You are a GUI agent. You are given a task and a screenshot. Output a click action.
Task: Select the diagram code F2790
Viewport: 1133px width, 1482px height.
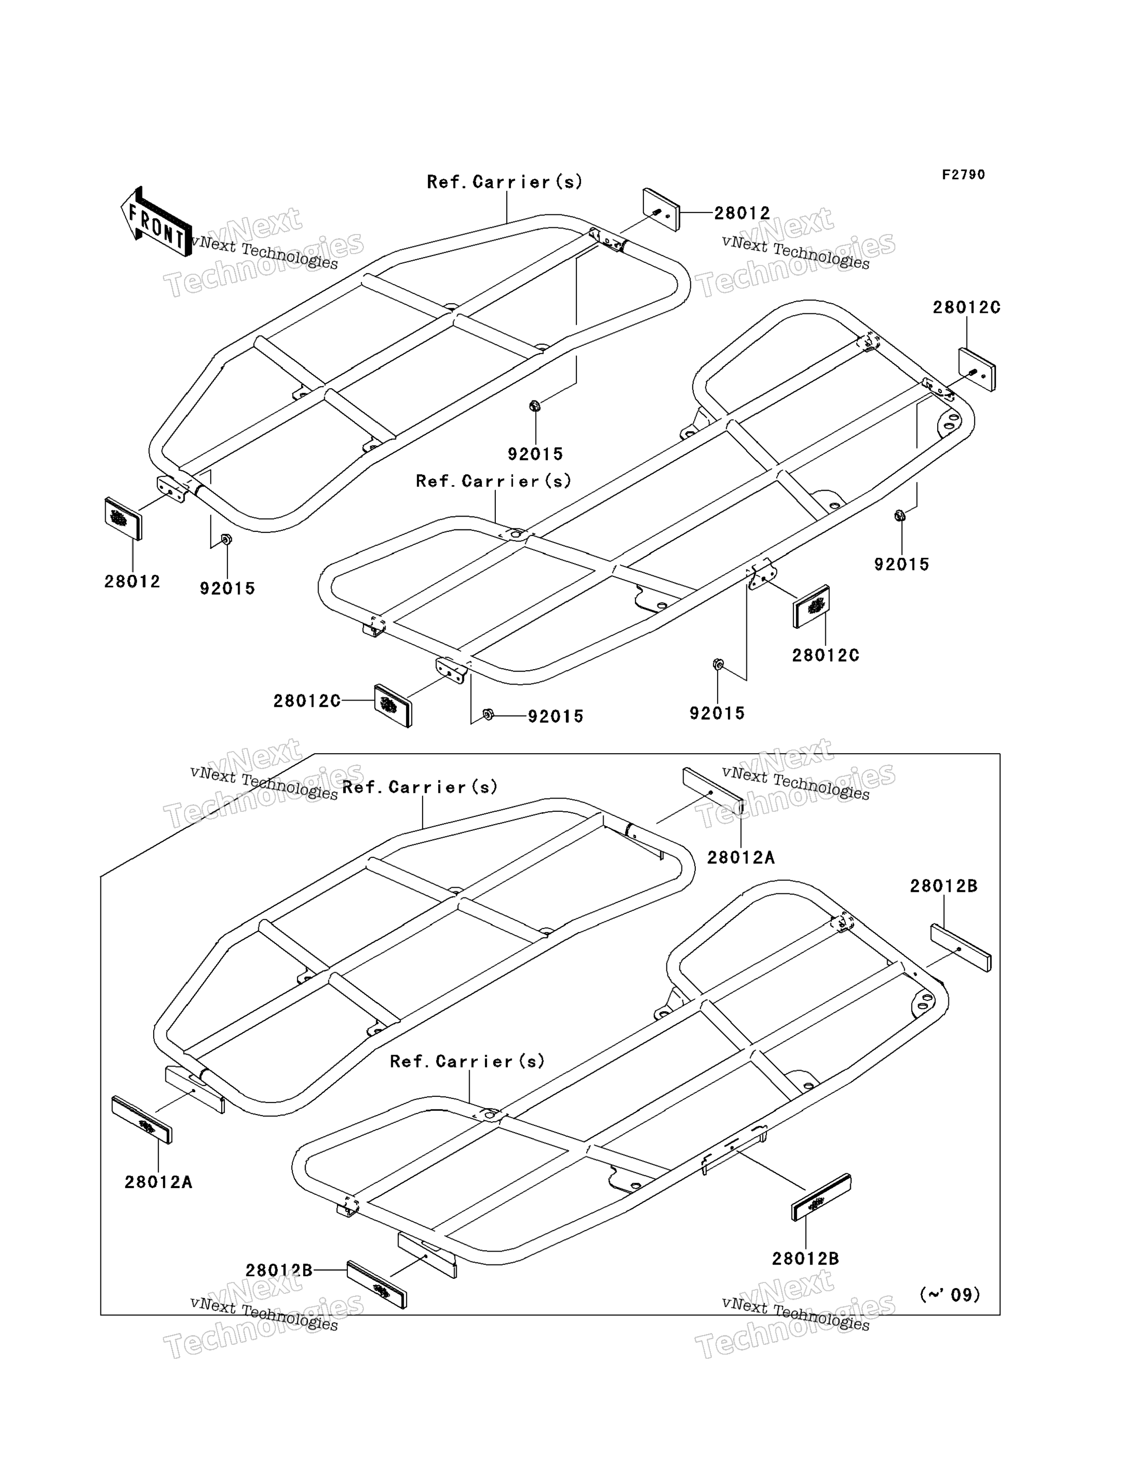coord(963,175)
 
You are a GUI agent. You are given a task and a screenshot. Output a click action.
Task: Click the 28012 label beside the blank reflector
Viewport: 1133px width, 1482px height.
coord(742,213)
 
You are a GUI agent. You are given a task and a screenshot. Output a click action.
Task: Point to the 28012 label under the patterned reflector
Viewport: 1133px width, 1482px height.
coord(132,581)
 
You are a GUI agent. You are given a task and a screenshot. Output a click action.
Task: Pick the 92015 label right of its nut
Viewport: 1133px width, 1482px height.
coord(556,716)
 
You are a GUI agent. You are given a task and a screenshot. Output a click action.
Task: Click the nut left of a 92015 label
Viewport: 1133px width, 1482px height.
coord(488,714)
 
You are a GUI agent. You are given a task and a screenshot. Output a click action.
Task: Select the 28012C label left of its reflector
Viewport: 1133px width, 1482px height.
coord(307,701)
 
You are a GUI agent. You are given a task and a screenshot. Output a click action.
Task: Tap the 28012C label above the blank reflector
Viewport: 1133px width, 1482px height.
coord(967,307)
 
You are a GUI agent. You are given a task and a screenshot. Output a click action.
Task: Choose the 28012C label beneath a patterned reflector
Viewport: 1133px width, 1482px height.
coord(825,655)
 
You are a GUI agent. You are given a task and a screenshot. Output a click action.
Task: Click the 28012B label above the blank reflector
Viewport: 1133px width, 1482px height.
coord(943,886)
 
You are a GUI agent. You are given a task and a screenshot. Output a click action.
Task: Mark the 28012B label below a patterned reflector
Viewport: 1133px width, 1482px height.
coord(805,1258)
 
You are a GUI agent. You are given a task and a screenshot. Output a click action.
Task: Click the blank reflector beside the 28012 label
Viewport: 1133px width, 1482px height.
coord(661,210)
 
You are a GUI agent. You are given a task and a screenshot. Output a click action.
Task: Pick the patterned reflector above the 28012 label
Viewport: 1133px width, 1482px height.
coord(123,519)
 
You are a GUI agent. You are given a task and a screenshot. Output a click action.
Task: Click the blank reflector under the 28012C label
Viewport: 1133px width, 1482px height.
coord(976,370)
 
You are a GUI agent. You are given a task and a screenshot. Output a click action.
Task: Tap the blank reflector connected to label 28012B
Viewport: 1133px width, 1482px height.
coord(961,947)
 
